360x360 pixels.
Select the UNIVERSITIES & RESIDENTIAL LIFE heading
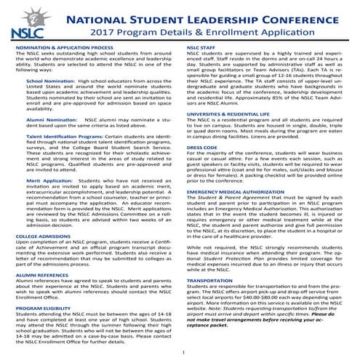tap(232, 116)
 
